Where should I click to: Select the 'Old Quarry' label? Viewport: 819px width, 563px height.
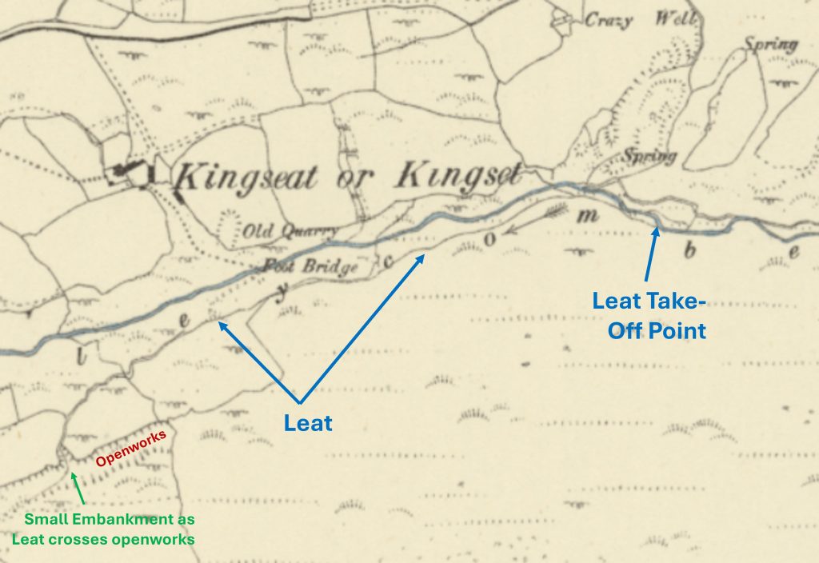280,233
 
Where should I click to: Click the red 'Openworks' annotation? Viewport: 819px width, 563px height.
131,449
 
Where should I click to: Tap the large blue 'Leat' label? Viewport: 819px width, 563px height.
308,422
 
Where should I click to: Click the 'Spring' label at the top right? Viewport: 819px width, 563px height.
771,44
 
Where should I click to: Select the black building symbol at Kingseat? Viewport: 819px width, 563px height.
133,171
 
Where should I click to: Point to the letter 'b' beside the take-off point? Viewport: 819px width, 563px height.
690,251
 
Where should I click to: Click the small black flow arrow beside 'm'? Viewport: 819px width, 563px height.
553,213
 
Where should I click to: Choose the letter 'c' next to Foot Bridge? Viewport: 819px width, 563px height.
389,262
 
